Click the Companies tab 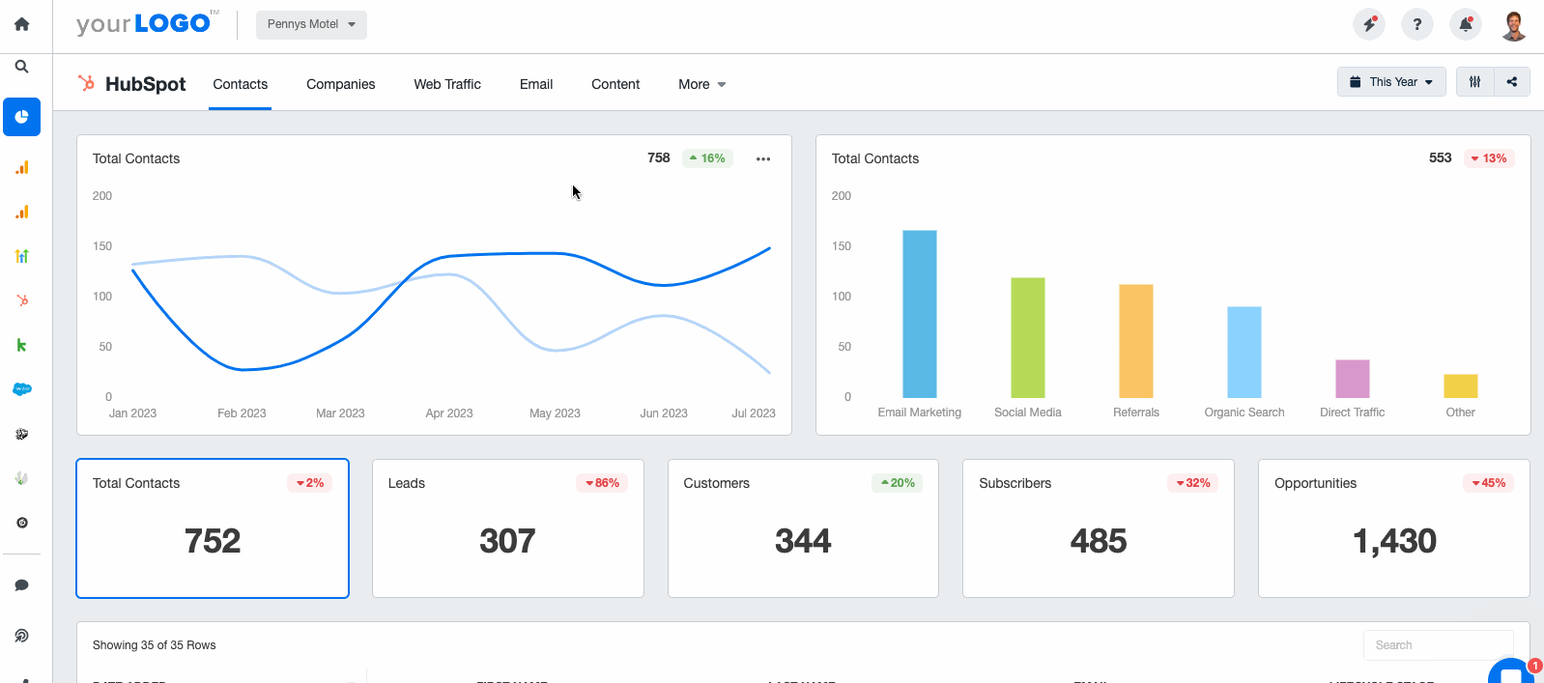coord(340,84)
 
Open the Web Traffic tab coord(447,84)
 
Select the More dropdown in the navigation coord(701,84)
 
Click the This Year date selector coord(1391,82)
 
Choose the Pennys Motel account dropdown coord(311,24)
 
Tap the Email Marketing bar coord(919,314)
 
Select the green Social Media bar coord(1027,337)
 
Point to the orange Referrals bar coord(1135,341)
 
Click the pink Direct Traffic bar coord(1352,379)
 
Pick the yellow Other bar coord(1460,385)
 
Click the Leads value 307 coord(507,541)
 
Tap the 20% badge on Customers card coord(898,483)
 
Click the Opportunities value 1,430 coord(1394,541)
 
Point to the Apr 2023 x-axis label coord(449,413)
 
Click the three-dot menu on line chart coord(763,159)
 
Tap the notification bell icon coord(1466,24)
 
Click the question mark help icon coord(1417,24)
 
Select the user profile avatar coord(1514,25)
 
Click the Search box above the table coord(1438,645)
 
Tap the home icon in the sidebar coord(21,24)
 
